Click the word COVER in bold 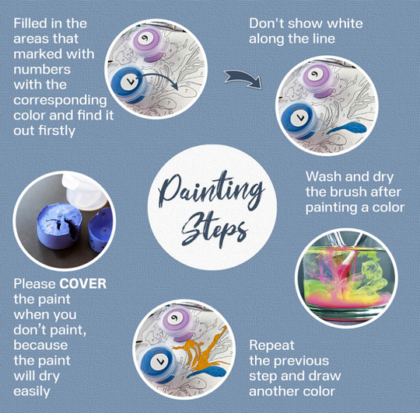coord(82,283)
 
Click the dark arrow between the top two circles coord(243,79)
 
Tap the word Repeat coord(271,345)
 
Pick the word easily coord(32,392)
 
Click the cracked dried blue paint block coord(59,226)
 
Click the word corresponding coord(60,100)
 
